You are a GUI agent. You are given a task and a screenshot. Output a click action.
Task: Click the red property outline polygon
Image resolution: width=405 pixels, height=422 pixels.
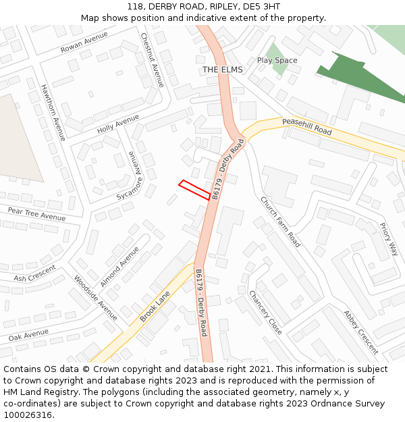(194, 190)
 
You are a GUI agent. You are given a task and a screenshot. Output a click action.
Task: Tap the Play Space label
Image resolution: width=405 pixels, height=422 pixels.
(277, 61)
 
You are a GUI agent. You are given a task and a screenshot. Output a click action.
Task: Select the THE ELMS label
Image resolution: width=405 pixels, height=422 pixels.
(222, 70)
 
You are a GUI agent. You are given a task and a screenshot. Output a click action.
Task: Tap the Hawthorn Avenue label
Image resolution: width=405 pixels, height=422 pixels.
(53, 112)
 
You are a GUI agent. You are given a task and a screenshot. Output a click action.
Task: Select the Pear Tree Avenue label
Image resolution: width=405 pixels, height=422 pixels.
(36, 214)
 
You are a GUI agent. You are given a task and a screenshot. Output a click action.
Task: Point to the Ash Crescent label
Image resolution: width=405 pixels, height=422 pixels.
(34, 274)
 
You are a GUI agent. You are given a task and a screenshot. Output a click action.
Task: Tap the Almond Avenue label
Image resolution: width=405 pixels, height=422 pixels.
(120, 266)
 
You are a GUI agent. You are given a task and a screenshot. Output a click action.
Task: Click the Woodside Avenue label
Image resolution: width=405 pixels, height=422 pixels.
(96, 298)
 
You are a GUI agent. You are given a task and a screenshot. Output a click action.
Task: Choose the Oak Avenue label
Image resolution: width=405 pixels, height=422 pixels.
(28, 334)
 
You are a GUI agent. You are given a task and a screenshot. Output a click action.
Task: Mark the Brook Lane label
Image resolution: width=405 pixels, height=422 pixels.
(155, 307)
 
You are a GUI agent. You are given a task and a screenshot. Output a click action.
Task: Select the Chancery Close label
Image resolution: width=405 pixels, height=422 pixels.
(265, 313)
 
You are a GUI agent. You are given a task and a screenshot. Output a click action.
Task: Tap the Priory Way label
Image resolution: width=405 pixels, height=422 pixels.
(389, 240)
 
